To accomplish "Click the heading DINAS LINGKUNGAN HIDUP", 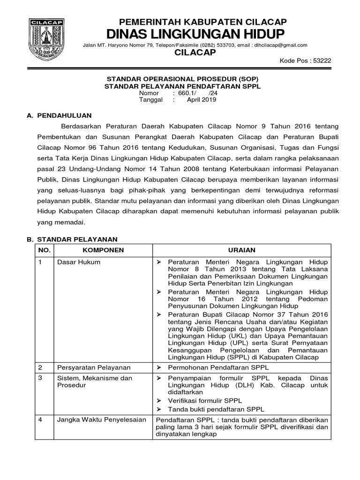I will (x=196, y=34).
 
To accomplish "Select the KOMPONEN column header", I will (x=103, y=250).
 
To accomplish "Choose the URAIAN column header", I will (x=242, y=250).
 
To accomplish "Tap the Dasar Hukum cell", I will (x=78, y=262).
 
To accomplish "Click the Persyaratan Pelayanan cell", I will (x=94, y=367).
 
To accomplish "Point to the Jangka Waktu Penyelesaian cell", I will (x=102, y=420).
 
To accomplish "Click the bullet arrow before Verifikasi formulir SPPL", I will (x=159, y=400).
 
